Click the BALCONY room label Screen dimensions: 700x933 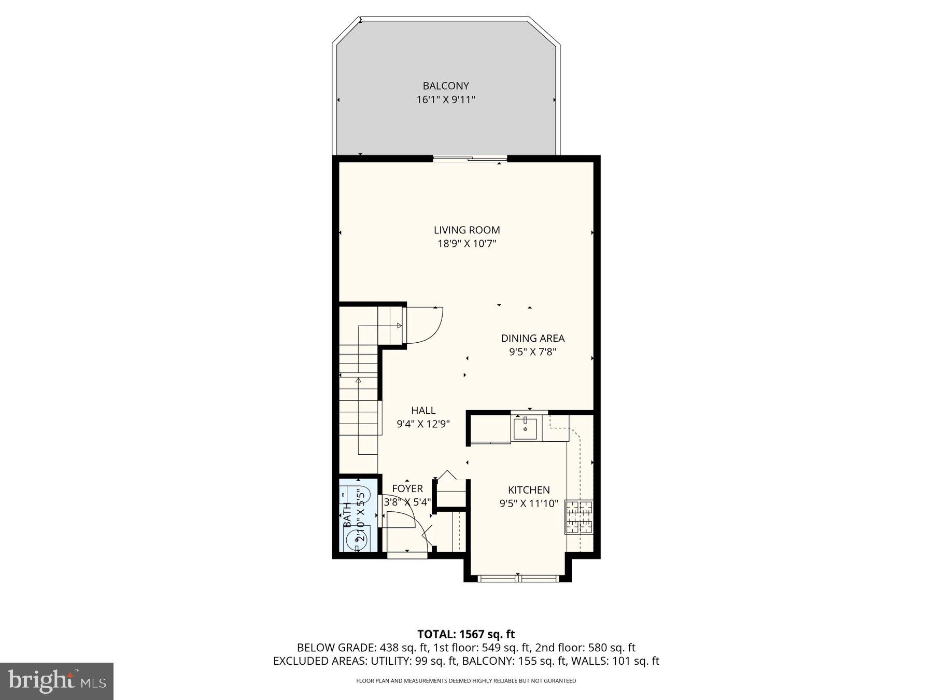click(445, 86)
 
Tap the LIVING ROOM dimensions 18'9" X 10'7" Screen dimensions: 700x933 click(466, 244)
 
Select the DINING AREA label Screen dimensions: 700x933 click(532, 338)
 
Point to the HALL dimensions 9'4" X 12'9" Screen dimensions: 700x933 click(423, 424)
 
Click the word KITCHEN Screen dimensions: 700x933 click(529, 489)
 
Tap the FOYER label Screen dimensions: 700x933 click(407, 488)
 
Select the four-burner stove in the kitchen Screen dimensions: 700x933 click(579, 516)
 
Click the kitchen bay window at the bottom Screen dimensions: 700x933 click(518, 578)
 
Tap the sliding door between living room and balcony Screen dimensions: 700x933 click(470, 159)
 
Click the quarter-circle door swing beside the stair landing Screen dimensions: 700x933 click(423, 325)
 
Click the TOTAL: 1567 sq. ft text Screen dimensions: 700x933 click(466, 634)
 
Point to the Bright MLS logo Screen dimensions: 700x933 click(56, 681)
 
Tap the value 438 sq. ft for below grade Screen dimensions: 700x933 click(396, 648)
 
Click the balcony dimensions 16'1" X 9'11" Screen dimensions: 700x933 click(445, 100)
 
